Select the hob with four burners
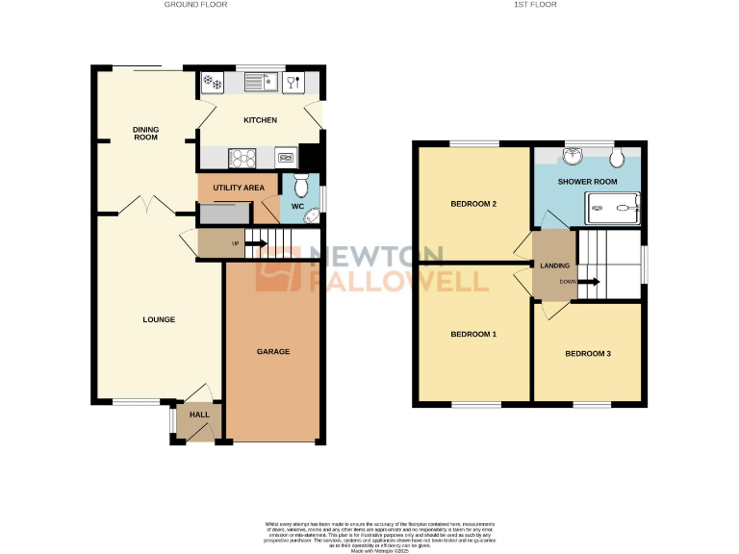(241, 158)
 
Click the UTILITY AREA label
(232, 187)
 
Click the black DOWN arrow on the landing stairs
(589, 282)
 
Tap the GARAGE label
(272, 352)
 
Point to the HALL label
(199, 415)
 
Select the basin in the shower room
(573, 155)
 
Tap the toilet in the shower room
(616, 156)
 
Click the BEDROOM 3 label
(587, 354)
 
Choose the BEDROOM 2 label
(473, 204)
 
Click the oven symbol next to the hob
(286, 158)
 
